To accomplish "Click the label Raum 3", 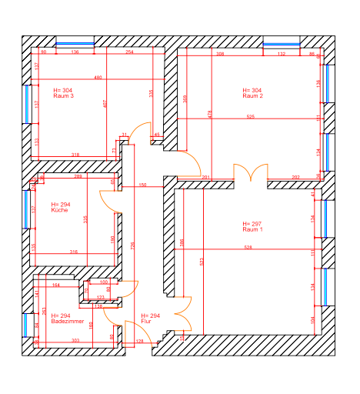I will tap(64, 96).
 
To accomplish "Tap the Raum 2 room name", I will tap(253, 96).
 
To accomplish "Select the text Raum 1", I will tap(252, 230).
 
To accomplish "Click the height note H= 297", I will tap(252, 224).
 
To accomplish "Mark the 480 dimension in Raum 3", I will tap(98, 78).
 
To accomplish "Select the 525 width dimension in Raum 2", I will tap(250, 117).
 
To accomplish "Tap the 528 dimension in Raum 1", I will tap(248, 247).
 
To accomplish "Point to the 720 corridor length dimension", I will tap(132, 245).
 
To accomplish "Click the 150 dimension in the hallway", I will tap(142, 185).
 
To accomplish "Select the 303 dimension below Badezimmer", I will tap(75, 339).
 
